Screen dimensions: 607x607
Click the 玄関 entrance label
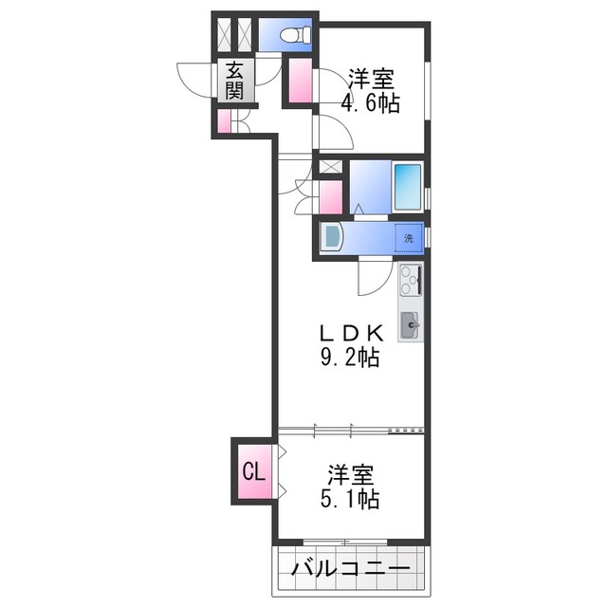(234, 81)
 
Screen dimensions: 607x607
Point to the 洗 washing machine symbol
(409, 237)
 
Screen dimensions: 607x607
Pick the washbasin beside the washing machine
(331, 237)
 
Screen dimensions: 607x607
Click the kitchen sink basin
(411, 325)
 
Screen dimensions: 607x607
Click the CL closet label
(252, 471)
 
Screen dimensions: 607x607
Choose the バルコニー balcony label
(351, 570)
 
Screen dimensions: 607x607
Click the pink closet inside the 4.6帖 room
(301, 81)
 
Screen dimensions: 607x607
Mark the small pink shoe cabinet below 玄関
(224, 121)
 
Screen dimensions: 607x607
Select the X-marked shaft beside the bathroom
(329, 167)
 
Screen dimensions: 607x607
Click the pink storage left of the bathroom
(330, 197)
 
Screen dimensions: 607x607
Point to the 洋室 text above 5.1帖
(351, 472)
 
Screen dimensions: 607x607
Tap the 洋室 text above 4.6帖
(372, 78)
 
